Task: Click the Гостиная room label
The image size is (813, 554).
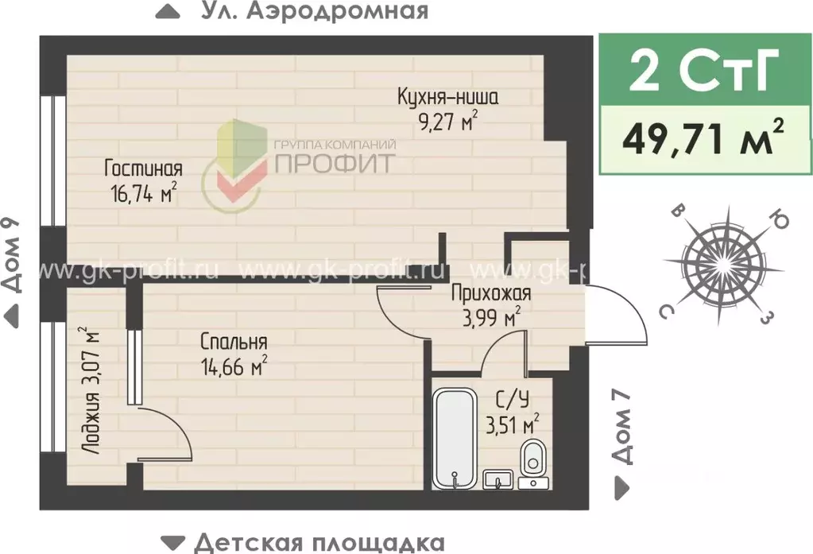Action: (x=144, y=169)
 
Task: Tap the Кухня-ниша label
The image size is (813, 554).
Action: (x=447, y=99)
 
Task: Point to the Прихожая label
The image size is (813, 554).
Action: (x=490, y=293)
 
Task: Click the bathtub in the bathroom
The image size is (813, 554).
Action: (x=454, y=436)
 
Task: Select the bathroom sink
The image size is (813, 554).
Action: (x=498, y=479)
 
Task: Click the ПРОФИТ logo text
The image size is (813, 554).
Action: (x=335, y=163)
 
